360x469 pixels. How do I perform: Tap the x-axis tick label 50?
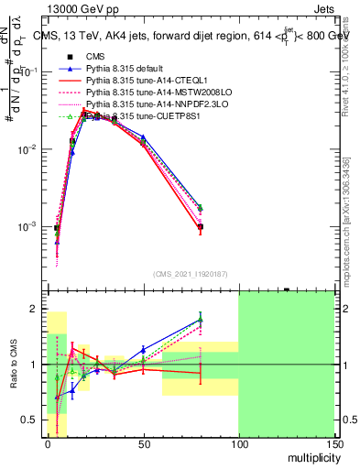tap(142, 444)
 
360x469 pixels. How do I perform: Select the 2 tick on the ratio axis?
tap(38, 309)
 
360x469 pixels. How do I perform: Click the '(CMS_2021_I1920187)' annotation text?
tap(190, 273)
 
